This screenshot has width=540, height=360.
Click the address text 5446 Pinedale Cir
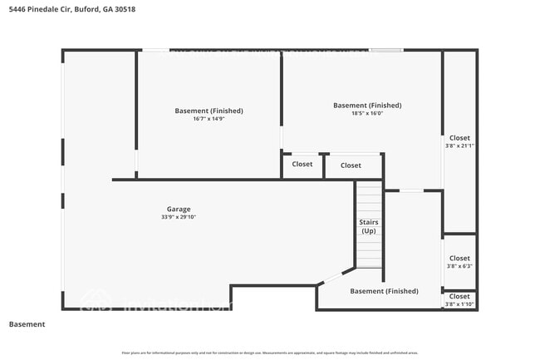(38, 9)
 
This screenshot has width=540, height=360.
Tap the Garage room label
(179, 209)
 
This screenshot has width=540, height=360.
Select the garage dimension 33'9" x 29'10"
(179, 217)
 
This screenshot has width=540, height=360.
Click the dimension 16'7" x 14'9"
(209, 119)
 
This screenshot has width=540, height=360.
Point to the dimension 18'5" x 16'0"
(367, 113)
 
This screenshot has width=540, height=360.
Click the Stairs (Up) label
(368, 226)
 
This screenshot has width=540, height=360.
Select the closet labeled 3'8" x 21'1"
(459, 141)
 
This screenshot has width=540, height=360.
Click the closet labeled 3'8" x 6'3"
(459, 262)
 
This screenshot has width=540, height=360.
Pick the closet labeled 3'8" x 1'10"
(459, 300)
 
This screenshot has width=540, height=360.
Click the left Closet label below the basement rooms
(302, 165)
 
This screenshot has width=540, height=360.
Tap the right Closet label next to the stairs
(351, 165)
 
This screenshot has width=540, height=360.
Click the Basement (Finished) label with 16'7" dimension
(209, 111)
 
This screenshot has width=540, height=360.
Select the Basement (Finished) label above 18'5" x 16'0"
(367, 105)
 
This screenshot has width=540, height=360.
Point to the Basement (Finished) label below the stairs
(384, 291)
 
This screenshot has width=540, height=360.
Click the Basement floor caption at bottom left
(27, 324)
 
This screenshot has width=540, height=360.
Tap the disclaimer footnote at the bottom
(270, 353)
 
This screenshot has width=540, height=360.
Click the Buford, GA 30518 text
(105, 9)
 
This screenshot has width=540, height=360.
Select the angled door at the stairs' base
(332, 278)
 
